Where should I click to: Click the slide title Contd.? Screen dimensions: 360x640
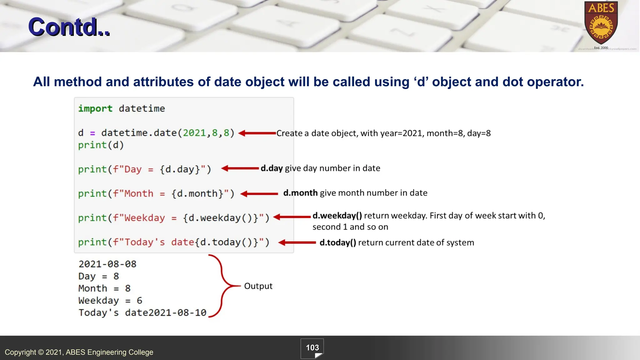(69, 27)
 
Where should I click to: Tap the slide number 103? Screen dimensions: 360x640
(312, 348)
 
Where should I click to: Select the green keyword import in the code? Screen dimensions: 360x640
(95, 108)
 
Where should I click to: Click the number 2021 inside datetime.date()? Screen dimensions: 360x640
(194, 133)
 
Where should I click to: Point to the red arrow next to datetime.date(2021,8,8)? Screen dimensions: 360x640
(257, 133)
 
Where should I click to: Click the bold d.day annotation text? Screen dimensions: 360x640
(272, 168)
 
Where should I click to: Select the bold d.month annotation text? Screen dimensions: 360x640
(300, 193)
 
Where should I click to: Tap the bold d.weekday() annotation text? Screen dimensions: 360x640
(337, 216)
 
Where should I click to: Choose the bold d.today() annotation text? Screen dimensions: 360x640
(338, 242)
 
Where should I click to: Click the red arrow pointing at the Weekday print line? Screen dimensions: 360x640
(292, 217)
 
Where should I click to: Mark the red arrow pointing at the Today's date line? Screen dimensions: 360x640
(297, 242)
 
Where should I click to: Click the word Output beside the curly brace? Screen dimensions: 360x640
(258, 286)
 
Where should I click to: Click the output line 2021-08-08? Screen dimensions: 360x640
(107, 264)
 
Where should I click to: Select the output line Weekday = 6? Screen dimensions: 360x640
(110, 301)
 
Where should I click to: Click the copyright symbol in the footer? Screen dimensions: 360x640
(41, 352)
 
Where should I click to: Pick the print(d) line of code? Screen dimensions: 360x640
(101, 145)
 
